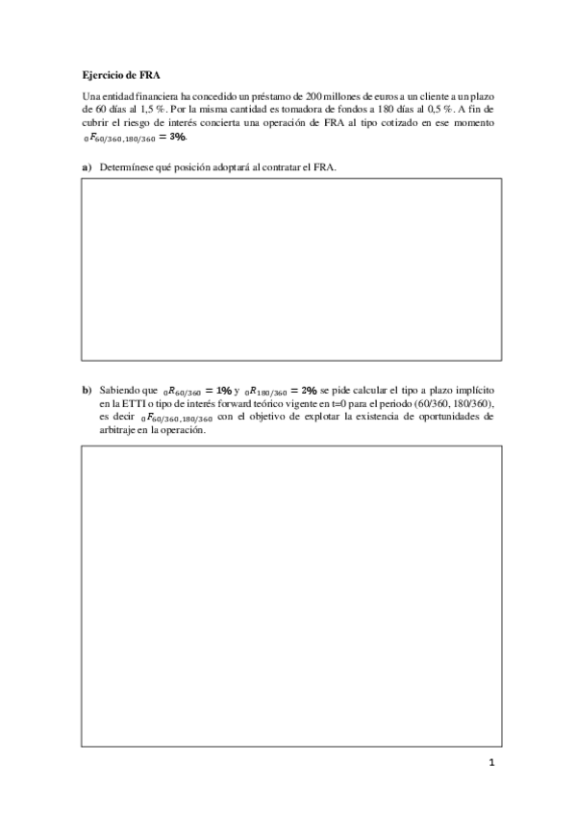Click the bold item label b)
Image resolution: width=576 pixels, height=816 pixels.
tap(87, 390)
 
